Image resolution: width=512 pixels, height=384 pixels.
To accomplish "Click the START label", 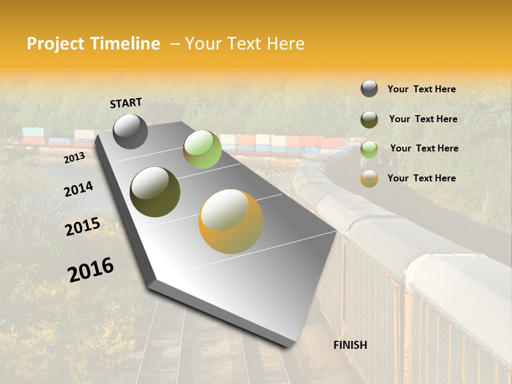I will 126,103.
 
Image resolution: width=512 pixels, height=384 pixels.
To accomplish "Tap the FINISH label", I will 350,345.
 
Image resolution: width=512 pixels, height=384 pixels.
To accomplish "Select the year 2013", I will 74,158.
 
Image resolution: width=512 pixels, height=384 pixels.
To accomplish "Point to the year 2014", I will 78,189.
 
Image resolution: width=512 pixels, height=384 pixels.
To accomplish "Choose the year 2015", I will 83,226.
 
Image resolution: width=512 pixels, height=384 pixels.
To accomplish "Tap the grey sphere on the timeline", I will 130,131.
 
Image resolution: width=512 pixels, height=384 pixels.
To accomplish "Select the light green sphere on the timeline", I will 202,149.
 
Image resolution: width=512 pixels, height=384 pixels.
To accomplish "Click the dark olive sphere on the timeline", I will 155,192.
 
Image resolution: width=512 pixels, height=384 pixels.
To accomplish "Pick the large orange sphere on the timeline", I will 231,221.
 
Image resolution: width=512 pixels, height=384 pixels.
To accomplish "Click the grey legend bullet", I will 369,89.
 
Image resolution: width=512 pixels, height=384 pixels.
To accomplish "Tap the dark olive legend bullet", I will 369,119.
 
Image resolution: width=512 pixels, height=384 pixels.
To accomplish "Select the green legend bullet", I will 369,149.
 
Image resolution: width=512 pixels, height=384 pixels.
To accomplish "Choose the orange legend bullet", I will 369,179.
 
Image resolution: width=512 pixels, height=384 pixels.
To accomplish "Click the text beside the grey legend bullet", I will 421,89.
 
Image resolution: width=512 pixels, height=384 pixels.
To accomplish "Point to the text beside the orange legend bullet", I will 421,178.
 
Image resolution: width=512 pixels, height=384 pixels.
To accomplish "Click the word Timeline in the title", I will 125,44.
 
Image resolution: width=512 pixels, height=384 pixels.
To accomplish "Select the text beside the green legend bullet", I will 424,148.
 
